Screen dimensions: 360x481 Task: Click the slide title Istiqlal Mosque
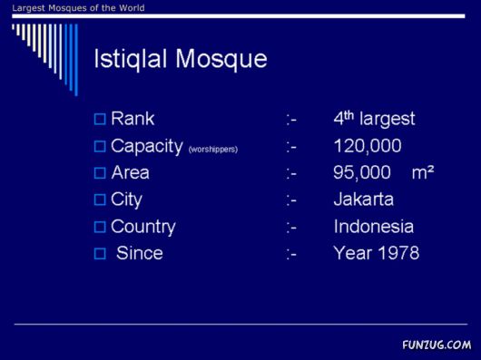(x=181, y=60)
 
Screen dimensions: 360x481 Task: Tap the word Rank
(x=133, y=119)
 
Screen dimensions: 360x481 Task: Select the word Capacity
(x=146, y=146)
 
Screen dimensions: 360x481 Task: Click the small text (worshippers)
(x=213, y=149)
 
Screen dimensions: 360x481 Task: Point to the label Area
(x=130, y=172)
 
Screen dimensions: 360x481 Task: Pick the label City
(x=126, y=199)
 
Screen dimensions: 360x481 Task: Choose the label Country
(x=142, y=227)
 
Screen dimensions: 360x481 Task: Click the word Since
(x=139, y=254)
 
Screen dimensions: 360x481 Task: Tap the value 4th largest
(x=374, y=119)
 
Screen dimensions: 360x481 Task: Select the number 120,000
(x=368, y=146)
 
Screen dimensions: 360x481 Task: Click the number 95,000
(x=362, y=172)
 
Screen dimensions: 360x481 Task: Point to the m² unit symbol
(x=423, y=172)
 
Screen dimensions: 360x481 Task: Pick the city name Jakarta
(x=363, y=199)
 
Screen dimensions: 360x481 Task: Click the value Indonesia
(x=373, y=227)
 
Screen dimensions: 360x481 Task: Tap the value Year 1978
(x=376, y=254)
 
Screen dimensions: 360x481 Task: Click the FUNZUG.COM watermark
(x=436, y=345)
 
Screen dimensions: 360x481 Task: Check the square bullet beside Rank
(x=100, y=119)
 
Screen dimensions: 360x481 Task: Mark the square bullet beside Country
(x=100, y=227)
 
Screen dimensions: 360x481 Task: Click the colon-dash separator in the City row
(x=291, y=200)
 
